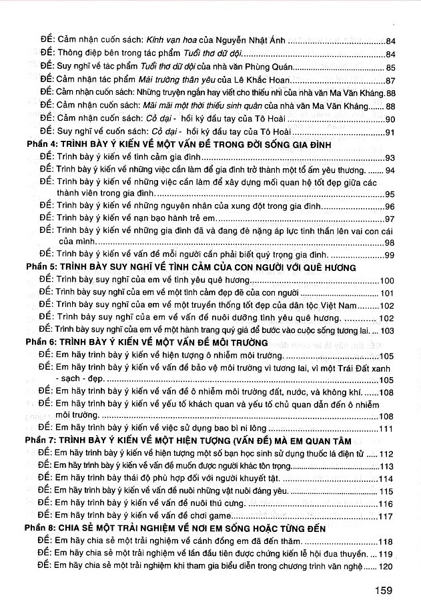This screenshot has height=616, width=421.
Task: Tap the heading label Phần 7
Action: tap(38, 440)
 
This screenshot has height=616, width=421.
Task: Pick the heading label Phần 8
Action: tap(38, 529)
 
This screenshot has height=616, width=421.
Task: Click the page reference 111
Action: tap(388, 428)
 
